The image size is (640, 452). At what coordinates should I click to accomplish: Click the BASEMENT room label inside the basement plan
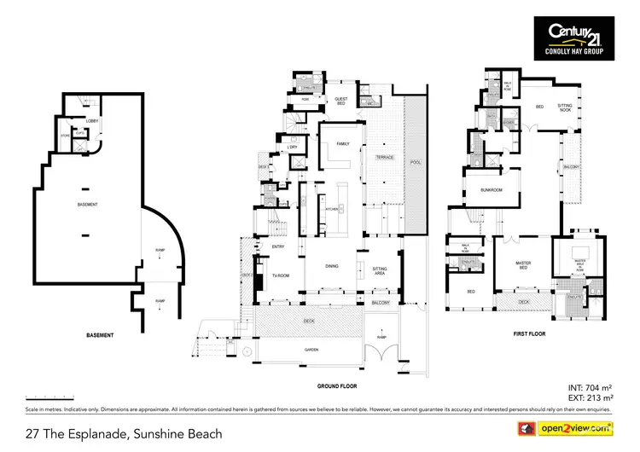tap(87, 205)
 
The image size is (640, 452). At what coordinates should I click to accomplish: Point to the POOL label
tap(415, 162)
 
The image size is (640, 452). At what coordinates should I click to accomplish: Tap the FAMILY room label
tap(343, 143)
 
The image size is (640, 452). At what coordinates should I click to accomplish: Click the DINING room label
tap(332, 266)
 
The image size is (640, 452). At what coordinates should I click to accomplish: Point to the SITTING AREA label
tap(380, 270)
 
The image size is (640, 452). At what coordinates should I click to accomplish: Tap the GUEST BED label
tap(340, 101)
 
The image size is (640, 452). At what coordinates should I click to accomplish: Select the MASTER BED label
tap(524, 265)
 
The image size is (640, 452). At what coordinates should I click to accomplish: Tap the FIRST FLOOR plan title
tap(528, 333)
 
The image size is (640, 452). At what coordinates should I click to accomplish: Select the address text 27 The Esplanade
tap(124, 434)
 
